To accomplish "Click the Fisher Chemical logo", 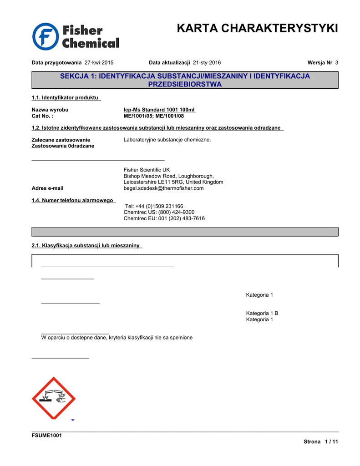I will click(x=76, y=37).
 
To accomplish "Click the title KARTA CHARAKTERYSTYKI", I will click(x=257, y=29).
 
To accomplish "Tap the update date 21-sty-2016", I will click(x=207, y=62).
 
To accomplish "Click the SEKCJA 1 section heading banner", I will click(x=185, y=80).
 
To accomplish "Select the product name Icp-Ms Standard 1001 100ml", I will click(x=159, y=110).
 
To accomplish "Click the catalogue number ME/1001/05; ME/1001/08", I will click(x=153, y=116).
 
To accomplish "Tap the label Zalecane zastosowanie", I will click(x=61, y=140).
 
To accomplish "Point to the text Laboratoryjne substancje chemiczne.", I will click(x=167, y=140).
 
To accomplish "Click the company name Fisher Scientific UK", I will click(x=147, y=170).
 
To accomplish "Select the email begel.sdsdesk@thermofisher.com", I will click(x=163, y=188).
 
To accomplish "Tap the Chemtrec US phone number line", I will click(x=159, y=212).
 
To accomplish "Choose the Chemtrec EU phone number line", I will click(x=164, y=218).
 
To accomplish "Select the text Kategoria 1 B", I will click(x=262, y=313).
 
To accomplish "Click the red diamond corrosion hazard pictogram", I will click(x=53, y=398).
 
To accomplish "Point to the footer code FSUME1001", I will click(x=46, y=436).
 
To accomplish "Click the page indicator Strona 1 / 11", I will click(x=321, y=442).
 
